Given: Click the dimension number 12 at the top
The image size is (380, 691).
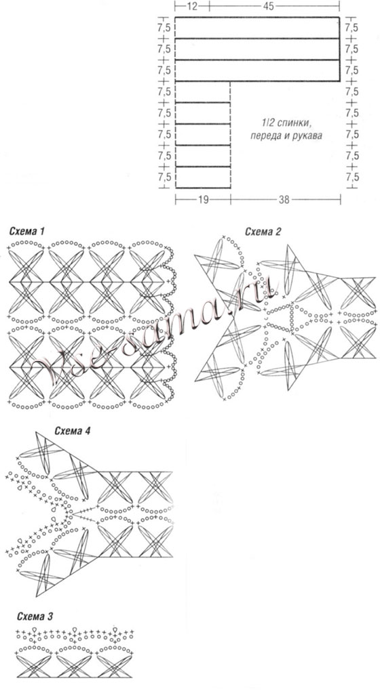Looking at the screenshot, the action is pos(191,6).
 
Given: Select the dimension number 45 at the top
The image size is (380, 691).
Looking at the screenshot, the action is pos(268,6).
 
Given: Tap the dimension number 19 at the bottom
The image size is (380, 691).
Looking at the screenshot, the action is pos(203,200).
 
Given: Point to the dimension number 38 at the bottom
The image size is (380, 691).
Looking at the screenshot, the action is pos(284,200).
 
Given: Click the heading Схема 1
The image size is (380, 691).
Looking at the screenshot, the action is pos(26,232).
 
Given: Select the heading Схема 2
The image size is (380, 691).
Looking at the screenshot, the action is pos(263,232).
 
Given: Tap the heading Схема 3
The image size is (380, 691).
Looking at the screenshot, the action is pos(35,616).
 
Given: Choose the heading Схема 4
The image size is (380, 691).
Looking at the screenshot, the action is pos(73,431).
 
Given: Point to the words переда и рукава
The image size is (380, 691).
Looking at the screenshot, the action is pos(286,135).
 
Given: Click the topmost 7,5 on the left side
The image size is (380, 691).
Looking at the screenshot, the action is pos(164,28).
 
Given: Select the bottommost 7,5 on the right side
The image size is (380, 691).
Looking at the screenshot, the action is pos(351,177).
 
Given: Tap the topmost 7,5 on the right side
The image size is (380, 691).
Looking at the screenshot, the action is pos(351,28).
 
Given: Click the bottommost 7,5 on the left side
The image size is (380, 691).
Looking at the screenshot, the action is pos(164,177).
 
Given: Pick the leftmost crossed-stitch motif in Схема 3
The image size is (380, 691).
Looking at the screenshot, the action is pos(35,666).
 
